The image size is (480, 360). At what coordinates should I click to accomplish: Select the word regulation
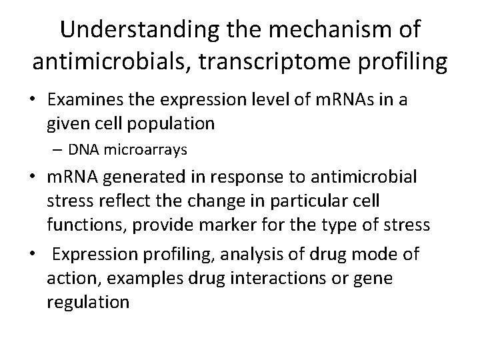click(88, 301)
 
